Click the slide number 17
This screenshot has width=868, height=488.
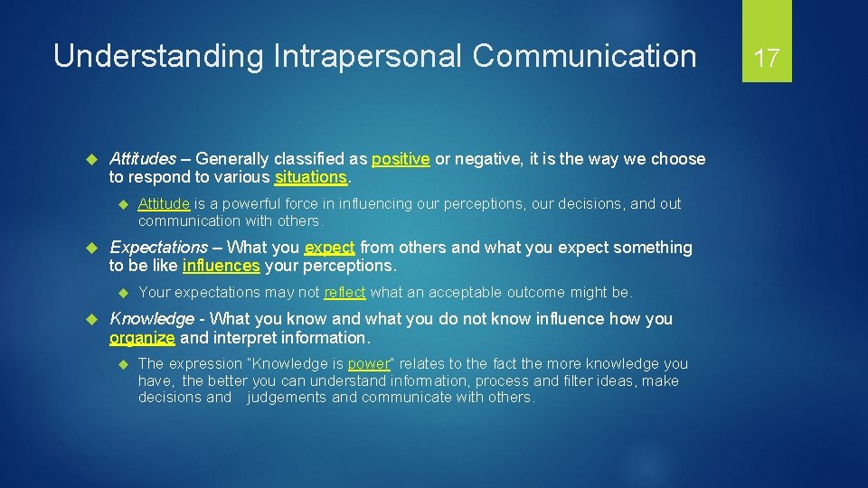point(767,59)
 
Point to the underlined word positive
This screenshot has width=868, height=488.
point(400,159)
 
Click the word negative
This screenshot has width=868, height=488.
point(490,159)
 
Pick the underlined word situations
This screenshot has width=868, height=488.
point(311,177)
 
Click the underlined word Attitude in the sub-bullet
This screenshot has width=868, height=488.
point(164,204)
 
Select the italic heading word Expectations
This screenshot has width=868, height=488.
point(158,248)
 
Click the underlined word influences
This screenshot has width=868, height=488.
point(221,266)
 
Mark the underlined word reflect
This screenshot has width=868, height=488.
point(344,292)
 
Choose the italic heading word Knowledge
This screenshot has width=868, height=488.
point(151,319)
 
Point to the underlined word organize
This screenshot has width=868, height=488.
point(142,338)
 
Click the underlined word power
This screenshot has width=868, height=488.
point(368,363)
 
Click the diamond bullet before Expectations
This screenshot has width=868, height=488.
point(90,248)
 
